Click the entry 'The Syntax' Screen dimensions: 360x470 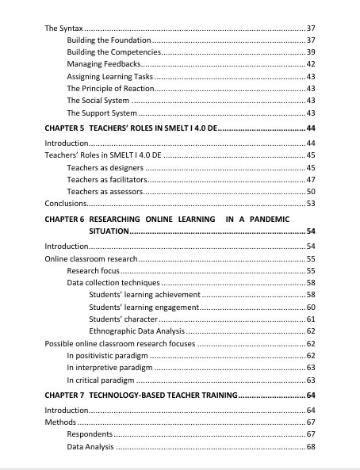(x=63, y=28)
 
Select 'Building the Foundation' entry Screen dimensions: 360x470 (x=108, y=40)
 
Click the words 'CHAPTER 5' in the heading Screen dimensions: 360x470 (x=64, y=128)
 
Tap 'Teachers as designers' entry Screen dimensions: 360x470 (x=105, y=167)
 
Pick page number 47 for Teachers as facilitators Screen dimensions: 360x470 (x=311, y=180)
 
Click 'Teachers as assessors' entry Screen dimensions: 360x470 (x=105, y=192)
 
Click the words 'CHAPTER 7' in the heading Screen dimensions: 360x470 (x=64, y=395)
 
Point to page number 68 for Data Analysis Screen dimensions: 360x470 (x=311, y=447)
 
